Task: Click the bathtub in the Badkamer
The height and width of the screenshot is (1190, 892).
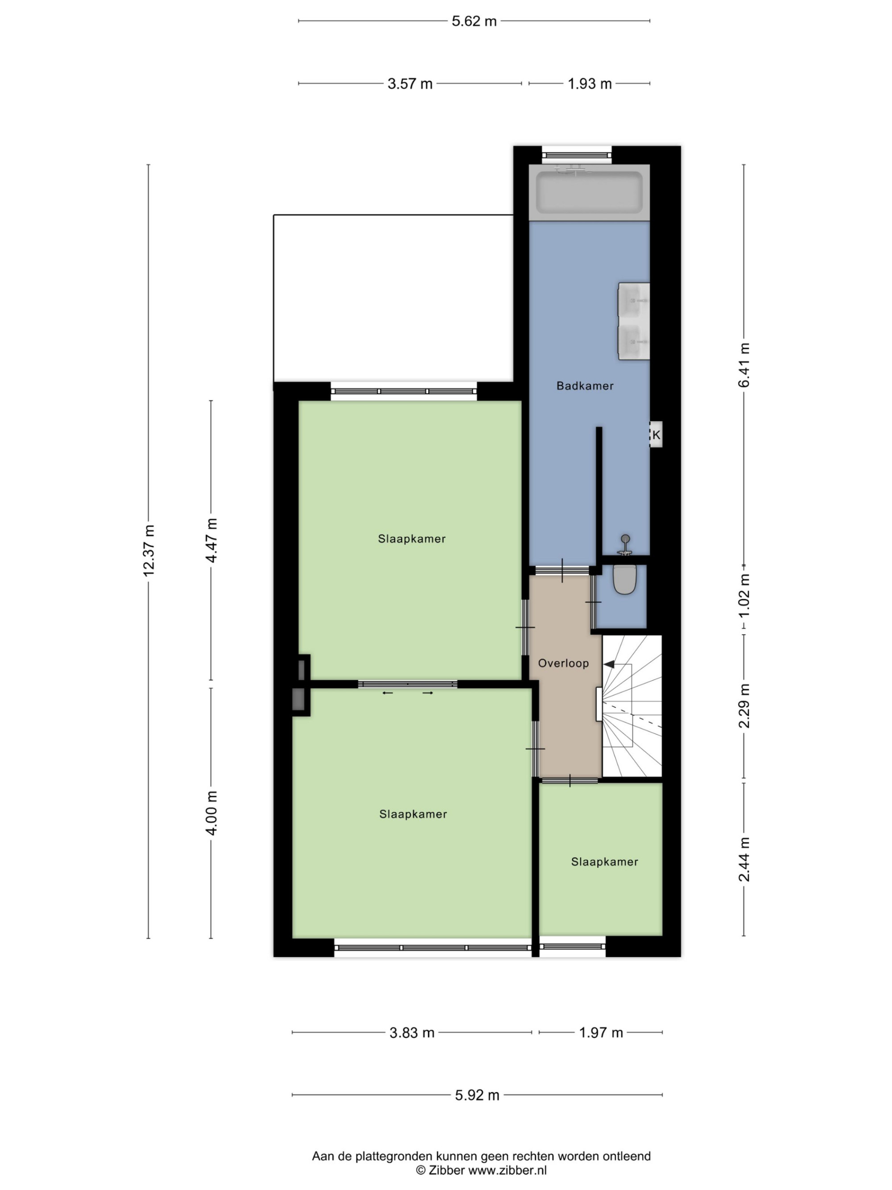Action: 589,192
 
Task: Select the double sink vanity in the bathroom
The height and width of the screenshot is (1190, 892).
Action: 634,321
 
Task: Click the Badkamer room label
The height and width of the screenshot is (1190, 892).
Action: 585,386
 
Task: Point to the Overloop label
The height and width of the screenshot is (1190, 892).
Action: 563,663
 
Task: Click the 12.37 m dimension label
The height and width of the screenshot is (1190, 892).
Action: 149,550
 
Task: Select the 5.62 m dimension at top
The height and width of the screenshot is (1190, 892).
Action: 474,21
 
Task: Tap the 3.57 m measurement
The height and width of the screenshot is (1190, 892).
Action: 410,84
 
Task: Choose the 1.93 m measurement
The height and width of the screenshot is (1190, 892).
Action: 590,84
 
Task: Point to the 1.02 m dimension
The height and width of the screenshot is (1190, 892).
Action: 744,597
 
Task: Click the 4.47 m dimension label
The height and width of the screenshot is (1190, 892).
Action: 211,540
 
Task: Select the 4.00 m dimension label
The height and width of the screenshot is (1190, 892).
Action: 211,813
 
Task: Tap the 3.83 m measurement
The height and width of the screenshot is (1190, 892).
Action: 412,1033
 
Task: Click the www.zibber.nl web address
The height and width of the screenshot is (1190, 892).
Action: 508,1170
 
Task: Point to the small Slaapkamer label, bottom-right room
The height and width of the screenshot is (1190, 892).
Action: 604,862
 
